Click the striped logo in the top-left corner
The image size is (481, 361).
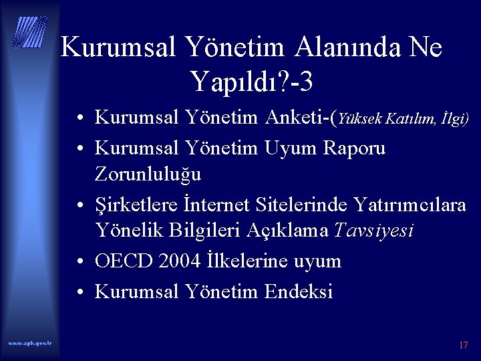(x=31, y=31)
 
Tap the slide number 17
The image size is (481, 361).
(x=463, y=345)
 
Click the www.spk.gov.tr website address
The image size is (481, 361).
(x=30, y=343)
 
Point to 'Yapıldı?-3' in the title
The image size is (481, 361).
(x=253, y=82)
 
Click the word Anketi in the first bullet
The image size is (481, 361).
(x=298, y=118)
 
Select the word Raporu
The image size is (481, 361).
(x=353, y=147)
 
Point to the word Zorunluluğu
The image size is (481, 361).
(x=148, y=174)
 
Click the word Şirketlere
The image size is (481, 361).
(x=138, y=205)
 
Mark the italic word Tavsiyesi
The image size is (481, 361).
(x=373, y=231)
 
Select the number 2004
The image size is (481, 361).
(x=180, y=261)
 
